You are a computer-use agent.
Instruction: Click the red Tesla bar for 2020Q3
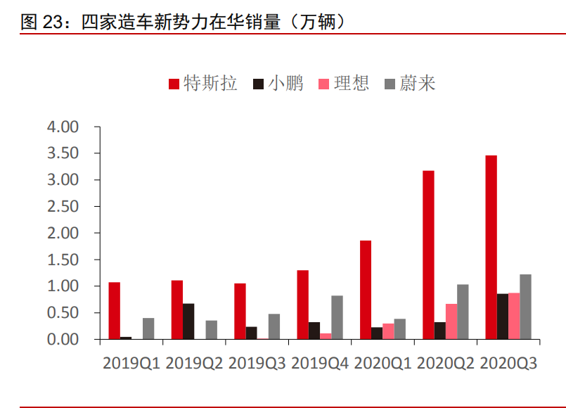point(491,247)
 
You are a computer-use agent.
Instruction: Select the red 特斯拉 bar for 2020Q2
point(428,255)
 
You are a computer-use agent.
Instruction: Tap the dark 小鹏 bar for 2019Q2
point(188,321)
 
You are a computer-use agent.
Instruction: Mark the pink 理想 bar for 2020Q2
point(451,321)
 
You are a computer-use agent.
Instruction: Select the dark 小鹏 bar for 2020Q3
point(503,317)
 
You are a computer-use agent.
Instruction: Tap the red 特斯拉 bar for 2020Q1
point(366,290)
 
